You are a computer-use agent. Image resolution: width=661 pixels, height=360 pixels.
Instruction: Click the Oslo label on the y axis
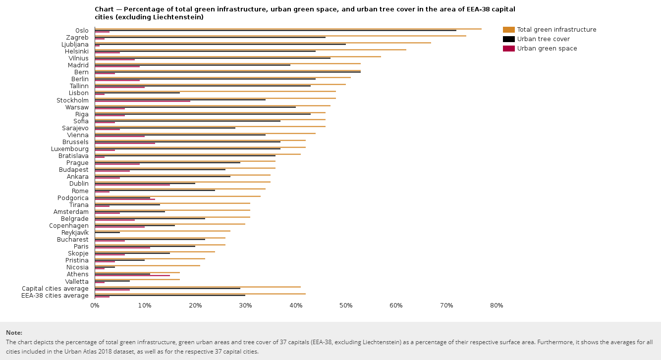tap(81, 31)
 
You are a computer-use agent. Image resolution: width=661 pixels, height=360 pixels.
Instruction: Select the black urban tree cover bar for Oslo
tap(275, 31)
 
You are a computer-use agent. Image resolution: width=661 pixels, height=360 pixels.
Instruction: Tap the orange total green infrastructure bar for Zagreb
tap(280, 36)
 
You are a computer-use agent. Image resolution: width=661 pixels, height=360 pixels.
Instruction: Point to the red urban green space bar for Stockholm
tap(142, 101)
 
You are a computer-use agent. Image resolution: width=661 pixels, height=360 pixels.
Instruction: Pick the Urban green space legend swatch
tap(509, 49)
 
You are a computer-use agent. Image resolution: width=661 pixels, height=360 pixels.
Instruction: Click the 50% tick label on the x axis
tap(346, 306)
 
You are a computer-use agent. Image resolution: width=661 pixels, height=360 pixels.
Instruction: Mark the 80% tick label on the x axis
tap(496, 306)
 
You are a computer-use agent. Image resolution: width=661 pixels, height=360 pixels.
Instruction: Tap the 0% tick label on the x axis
tap(95, 306)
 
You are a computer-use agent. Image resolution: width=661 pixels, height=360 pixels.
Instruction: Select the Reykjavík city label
tap(75, 233)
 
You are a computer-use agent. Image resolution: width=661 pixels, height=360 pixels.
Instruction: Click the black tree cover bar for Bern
tap(227, 72)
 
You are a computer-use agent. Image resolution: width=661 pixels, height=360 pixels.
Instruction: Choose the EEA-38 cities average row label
tap(55, 296)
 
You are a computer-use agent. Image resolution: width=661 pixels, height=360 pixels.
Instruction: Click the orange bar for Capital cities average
tap(197, 287)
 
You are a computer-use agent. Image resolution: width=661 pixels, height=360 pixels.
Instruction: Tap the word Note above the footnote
tap(14, 333)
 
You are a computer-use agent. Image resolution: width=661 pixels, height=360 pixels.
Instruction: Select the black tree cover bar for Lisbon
tap(137, 93)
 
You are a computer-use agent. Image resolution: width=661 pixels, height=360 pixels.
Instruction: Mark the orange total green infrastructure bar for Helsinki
tap(250, 50)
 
